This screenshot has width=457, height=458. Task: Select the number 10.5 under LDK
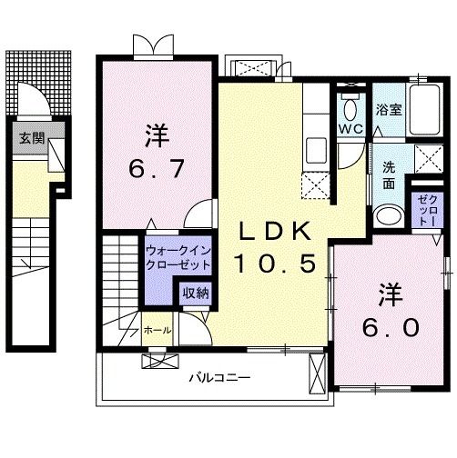click(x=277, y=264)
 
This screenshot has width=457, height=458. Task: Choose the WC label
click(x=350, y=129)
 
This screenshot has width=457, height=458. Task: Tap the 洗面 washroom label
click(x=388, y=174)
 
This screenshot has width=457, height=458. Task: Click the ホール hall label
click(x=156, y=332)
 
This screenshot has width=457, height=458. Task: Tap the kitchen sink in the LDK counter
click(x=318, y=146)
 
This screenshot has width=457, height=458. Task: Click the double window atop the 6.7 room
click(x=151, y=45)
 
